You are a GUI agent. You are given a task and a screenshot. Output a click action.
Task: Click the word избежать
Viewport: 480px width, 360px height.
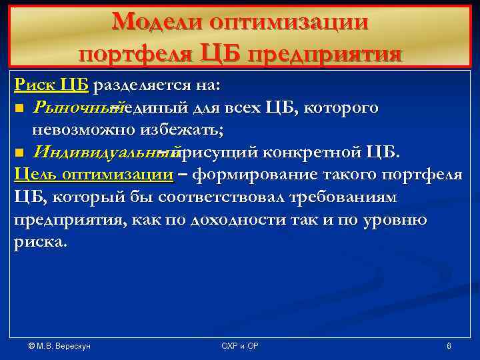(175, 130)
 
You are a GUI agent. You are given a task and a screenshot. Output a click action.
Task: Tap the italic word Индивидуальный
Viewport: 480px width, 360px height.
(103, 153)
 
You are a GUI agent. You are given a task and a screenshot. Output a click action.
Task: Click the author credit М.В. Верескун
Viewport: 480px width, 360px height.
(59, 346)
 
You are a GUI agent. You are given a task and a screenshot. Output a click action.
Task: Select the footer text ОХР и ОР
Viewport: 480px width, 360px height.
(239, 346)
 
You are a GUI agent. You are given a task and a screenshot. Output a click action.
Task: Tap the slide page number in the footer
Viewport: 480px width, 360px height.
(449, 346)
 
